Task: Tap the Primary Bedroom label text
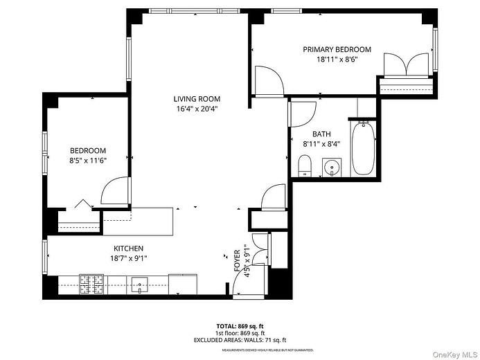tap(337, 50)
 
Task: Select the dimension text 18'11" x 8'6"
tap(337, 60)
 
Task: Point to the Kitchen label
tap(129, 249)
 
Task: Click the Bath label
tap(321, 134)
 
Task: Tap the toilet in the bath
tap(303, 165)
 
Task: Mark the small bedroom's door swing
tap(114, 191)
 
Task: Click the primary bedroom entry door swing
tap(269, 80)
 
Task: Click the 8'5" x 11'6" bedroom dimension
tap(88, 161)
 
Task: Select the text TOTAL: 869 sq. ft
tap(240, 325)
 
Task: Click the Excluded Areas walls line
tap(240, 341)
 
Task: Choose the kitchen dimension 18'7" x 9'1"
tap(129, 258)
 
